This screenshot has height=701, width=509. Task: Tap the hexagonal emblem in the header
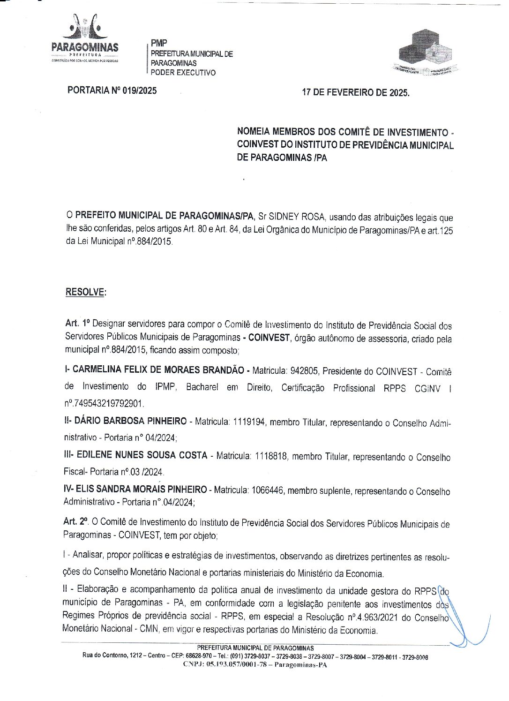coord(425,52)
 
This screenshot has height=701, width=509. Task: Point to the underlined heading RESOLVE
coord(85,292)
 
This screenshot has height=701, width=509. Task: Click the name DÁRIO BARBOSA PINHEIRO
coord(130,421)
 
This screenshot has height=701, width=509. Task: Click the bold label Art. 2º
coord(75,521)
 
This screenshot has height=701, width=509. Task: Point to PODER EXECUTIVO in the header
coord(183,73)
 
